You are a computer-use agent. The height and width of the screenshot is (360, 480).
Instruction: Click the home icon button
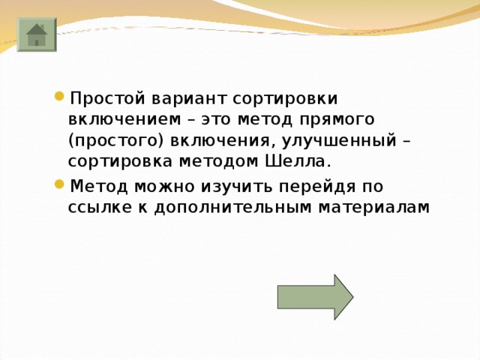coord(35,34)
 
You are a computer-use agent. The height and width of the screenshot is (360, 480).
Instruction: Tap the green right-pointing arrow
coord(314,297)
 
